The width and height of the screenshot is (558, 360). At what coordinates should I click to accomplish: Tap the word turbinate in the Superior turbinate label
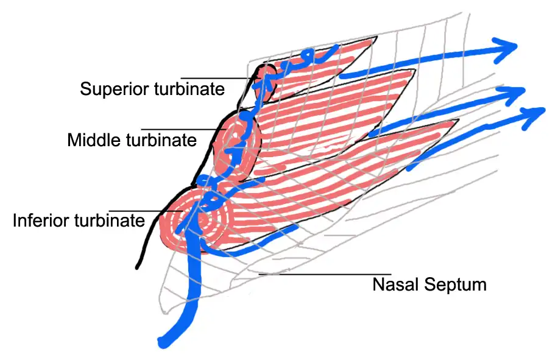[187, 89]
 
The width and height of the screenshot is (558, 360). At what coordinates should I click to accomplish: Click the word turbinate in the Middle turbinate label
[161, 140]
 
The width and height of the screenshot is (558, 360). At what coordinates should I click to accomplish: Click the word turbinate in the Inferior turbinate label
[108, 220]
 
